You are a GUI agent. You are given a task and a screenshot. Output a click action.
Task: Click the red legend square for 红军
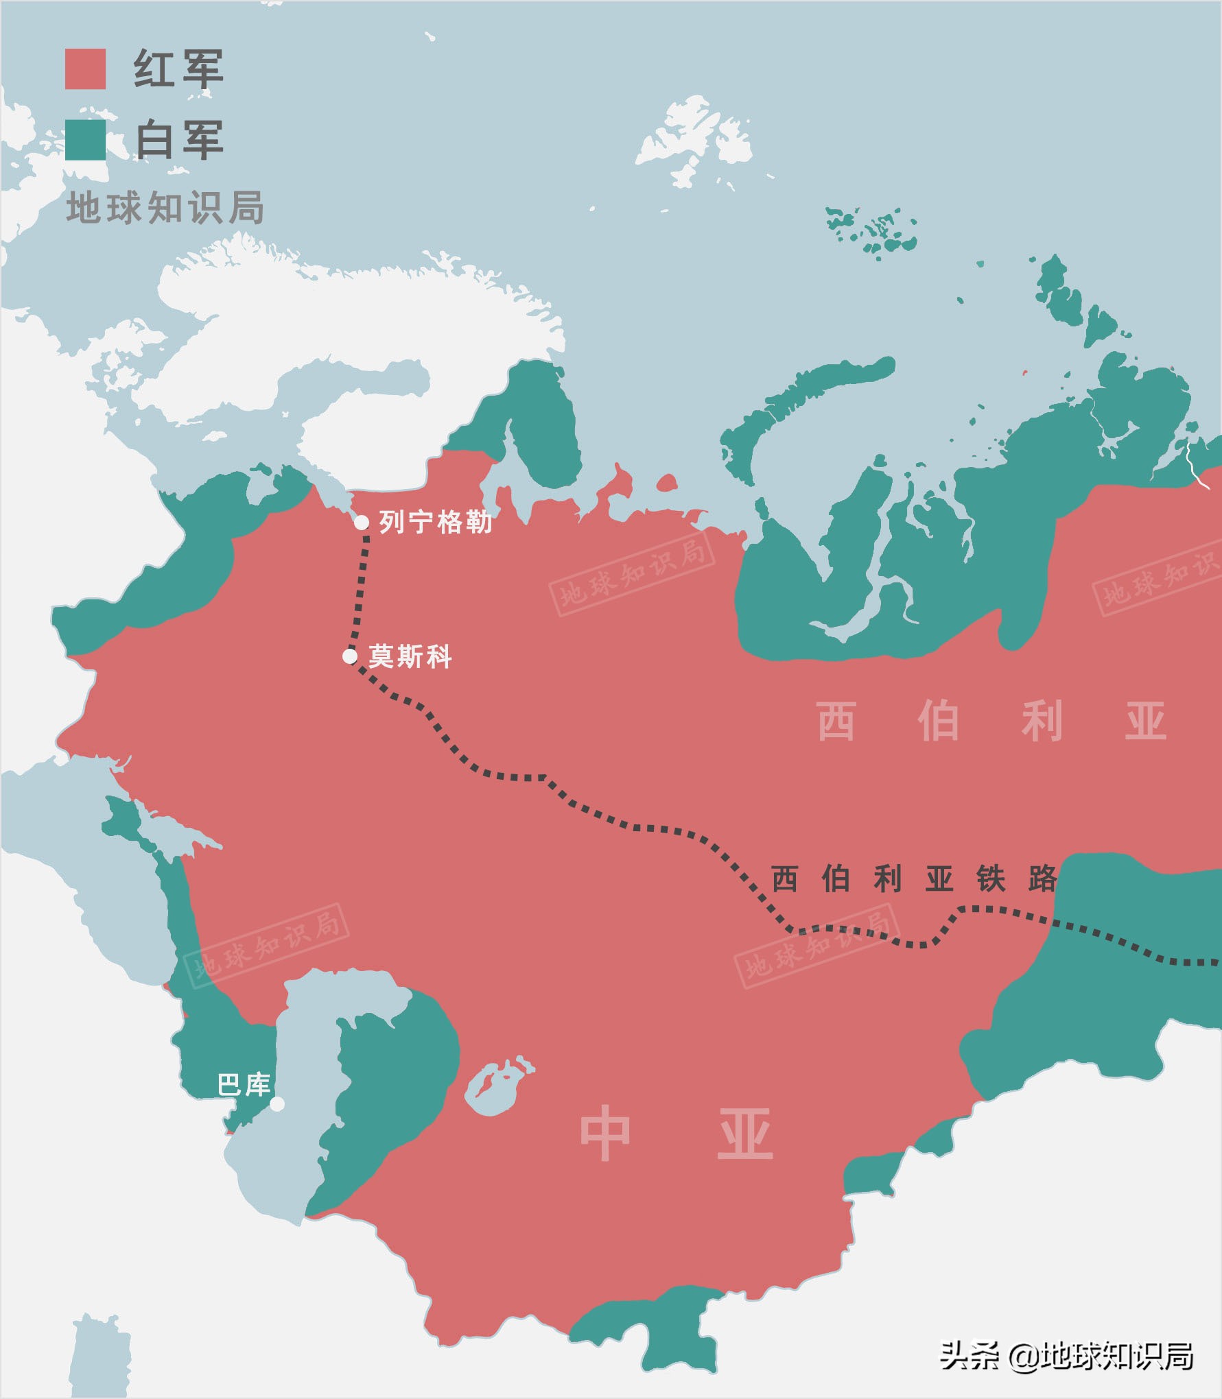tap(85, 69)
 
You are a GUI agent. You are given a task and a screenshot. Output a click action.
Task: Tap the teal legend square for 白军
tap(85, 140)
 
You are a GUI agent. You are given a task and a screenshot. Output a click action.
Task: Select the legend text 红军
tap(178, 69)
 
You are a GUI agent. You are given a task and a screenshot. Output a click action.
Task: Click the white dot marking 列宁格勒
tap(362, 523)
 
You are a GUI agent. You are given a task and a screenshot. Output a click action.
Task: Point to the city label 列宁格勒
tap(436, 523)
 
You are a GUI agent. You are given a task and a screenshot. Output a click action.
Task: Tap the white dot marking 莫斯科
tap(350, 656)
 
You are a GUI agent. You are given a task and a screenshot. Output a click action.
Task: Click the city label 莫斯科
tap(410, 656)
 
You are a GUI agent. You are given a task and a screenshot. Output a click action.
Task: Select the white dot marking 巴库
tap(277, 1103)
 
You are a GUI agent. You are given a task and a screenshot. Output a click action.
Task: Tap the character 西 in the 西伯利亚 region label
tap(836, 721)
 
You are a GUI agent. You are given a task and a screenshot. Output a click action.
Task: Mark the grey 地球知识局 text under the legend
tap(165, 208)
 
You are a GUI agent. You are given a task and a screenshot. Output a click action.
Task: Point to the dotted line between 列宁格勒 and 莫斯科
tap(360, 590)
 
